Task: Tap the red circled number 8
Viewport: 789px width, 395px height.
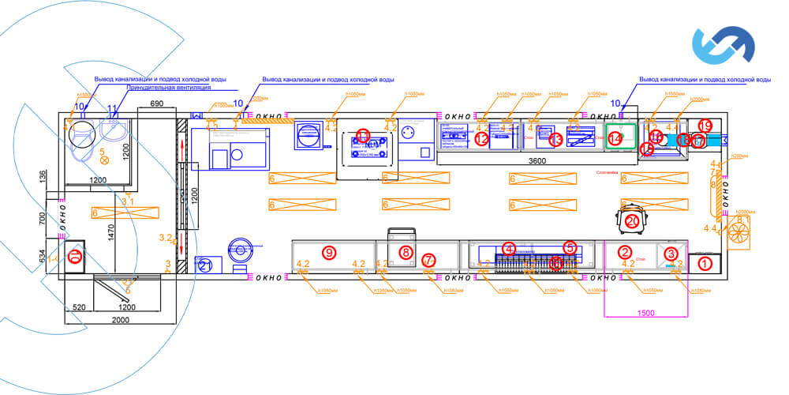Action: pyautogui.click(x=406, y=253)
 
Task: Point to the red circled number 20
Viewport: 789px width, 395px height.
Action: pyautogui.click(x=631, y=221)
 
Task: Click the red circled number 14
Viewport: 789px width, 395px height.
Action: pyautogui.click(x=615, y=138)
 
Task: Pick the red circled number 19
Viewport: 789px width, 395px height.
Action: pyautogui.click(x=705, y=126)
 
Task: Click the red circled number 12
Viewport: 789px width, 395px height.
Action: pyautogui.click(x=483, y=139)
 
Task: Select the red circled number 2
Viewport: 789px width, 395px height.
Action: pyautogui.click(x=625, y=253)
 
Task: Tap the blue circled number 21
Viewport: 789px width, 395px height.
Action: pyautogui.click(x=206, y=265)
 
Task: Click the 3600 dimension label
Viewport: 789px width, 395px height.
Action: pyautogui.click(x=537, y=161)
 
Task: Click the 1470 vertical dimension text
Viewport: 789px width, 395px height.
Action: pyautogui.click(x=112, y=231)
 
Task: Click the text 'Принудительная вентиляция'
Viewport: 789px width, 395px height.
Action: pyautogui.click(x=159, y=88)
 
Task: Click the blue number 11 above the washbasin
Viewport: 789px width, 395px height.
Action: pyautogui.click(x=112, y=107)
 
